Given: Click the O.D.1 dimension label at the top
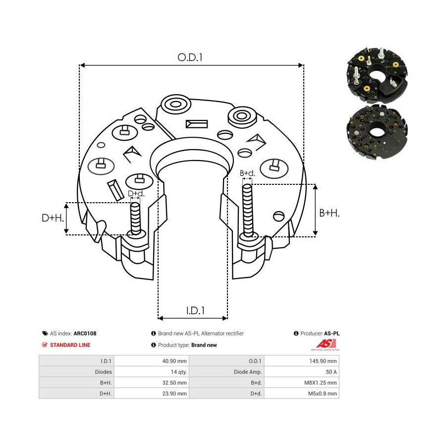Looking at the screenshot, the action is click(x=190, y=57).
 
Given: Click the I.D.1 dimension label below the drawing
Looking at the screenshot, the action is click(x=195, y=310).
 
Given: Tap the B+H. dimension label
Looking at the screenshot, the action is click(x=330, y=213).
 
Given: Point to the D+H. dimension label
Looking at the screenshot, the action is click(x=53, y=218).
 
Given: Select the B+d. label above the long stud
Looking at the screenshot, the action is click(x=247, y=173).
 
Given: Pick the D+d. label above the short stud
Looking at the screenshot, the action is click(x=136, y=194).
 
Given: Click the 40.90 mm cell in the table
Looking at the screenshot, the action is click(x=174, y=361).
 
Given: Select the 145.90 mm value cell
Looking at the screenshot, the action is click(x=323, y=361).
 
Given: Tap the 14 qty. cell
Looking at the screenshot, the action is click(x=178, y=372).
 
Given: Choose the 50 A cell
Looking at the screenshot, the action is click(x=332, y=372).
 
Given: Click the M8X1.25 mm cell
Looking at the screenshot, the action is click(x=321, y=383).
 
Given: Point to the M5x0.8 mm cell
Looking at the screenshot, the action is click(x=323, y=393).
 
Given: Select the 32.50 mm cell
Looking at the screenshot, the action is click(x=174, y=383).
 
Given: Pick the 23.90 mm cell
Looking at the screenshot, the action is click(x=174, y=393).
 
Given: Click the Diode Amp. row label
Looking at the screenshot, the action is click(x=247, y=372).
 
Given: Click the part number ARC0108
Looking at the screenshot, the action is click(x=85, y=334).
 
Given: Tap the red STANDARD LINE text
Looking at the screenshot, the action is click(x=70, y=345).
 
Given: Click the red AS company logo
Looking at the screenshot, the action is click(x=325, y=344).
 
